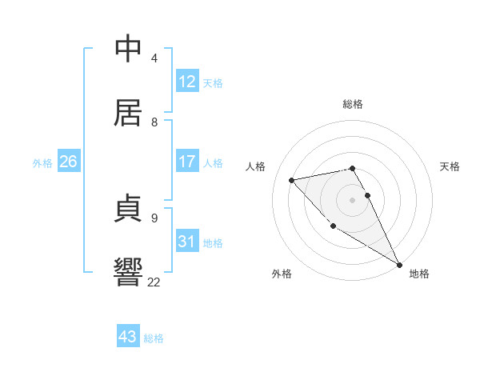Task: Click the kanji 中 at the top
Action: point(130,49)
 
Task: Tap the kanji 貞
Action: point(130,210)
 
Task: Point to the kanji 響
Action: point(130,273)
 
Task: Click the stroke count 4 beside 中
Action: point(154,58)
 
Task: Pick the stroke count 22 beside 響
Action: point(154,282)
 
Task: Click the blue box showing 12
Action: point(187,82)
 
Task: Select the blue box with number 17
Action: point(187,162)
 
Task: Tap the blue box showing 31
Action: point(187,242)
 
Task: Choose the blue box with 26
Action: point(68,162)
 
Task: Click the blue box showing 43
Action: point(128,337)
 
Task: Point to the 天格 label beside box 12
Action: point(213,82)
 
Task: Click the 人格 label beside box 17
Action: point(213,162)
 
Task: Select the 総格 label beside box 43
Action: point(154,338)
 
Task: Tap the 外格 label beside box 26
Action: point(42,162)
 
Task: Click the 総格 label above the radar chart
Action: point(353,104)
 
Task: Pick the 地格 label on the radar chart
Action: point(419,274)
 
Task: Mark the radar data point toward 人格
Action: point(292,180)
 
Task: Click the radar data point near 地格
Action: point(399,264)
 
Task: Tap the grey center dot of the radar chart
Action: point(353,199)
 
